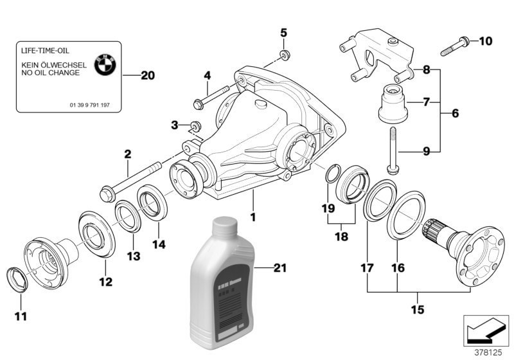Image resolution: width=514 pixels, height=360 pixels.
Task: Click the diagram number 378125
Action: [x=490, y=352]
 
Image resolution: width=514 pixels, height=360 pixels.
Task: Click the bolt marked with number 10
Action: [x=452, y=45]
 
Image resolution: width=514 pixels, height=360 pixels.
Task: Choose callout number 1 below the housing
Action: [x=253, y=217]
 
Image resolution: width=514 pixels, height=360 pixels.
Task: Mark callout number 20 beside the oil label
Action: [x=147, y=76]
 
